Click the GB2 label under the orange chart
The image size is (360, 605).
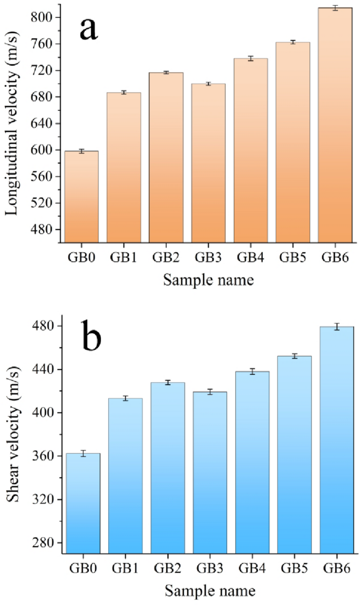tap(166, 258)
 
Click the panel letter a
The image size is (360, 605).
tap(88, 29)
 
